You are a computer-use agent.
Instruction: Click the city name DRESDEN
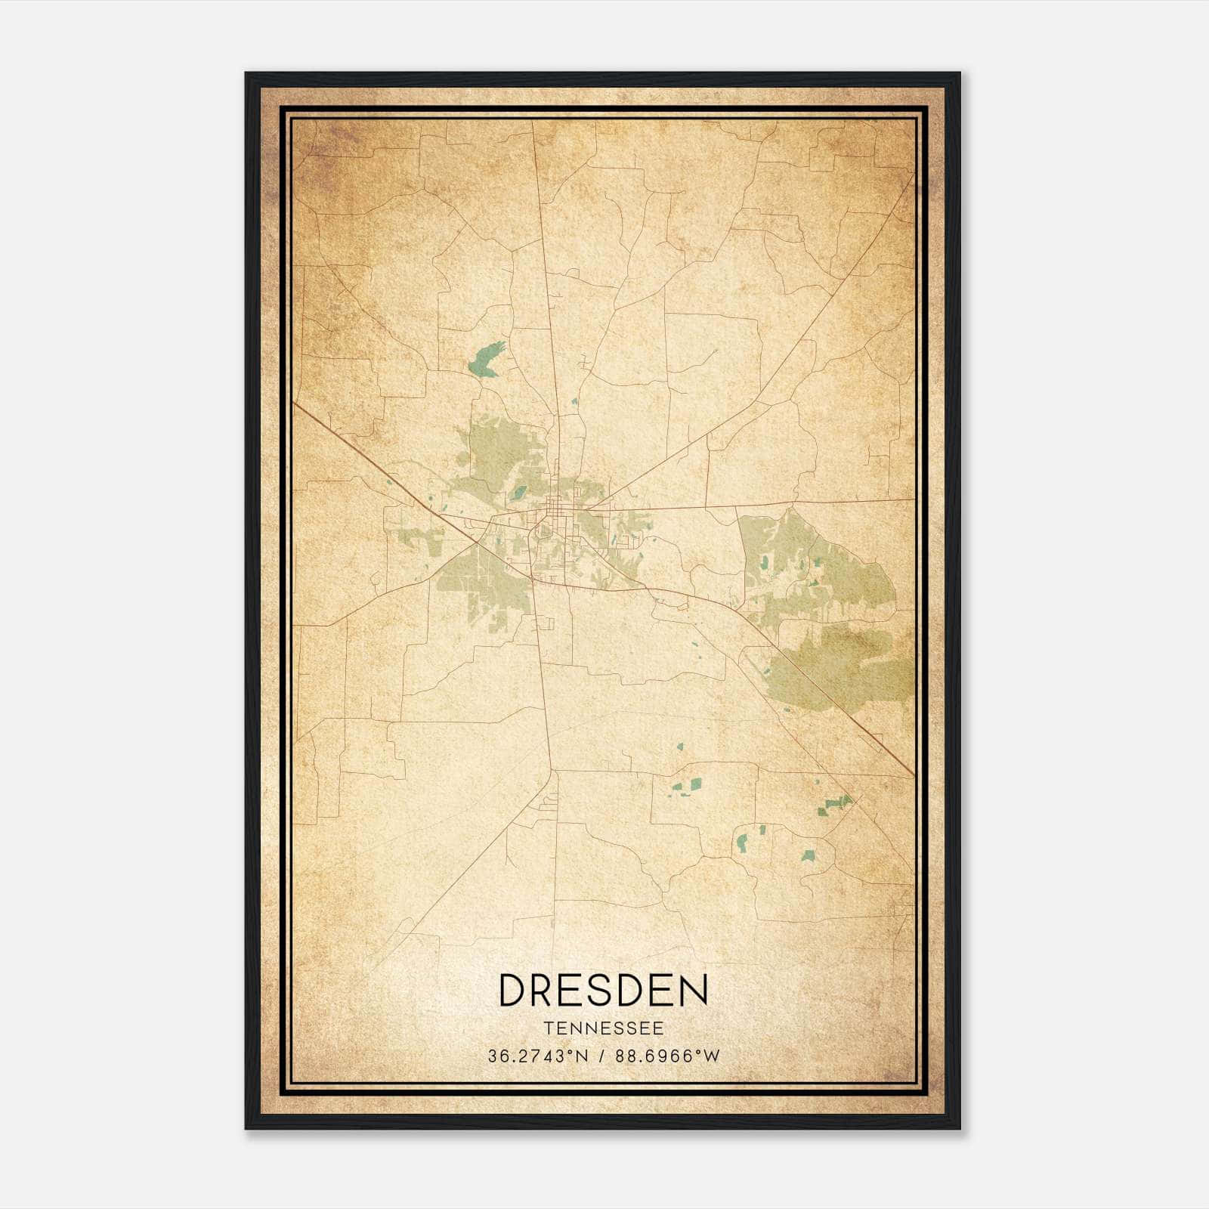tap(603, 990)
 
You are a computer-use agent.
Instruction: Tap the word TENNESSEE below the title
tap(603, 1028)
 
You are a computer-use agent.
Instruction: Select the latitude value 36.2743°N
tap(537, 1056)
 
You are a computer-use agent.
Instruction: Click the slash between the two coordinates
tap(602, 1056)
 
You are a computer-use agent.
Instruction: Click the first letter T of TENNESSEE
tap(547, 1028)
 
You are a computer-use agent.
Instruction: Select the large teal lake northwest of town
tap(484, 360)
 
